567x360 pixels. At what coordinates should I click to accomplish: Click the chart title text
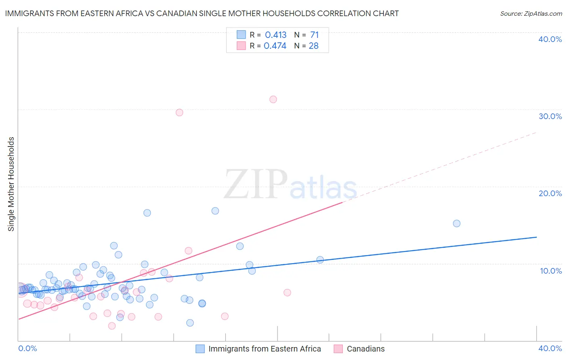[x=202, y=13]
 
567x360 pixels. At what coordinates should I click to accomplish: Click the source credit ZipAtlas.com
[x=531, y=13]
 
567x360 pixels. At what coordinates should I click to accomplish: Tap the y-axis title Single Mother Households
[x=11, y=184]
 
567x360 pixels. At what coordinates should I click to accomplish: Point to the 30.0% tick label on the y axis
[x=550, y=116]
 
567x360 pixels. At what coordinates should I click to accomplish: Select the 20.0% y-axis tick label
[x=550, y=193]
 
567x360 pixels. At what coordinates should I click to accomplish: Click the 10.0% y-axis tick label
[x=551, y=271]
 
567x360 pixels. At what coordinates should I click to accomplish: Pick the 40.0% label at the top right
[x=550, y=39]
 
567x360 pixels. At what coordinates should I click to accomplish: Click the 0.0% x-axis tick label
[x=27, y=348]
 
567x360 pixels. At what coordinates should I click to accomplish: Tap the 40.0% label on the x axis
[x=550, y=348]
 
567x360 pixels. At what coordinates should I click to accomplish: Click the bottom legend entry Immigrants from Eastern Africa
[x=265, y=349]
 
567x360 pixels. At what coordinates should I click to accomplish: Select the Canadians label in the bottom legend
[x=365, y=349]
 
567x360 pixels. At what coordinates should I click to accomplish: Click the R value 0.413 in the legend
[x=275, y=35]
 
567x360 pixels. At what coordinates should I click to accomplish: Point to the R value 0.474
[x=275, y=46]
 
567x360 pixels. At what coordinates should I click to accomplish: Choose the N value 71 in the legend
[x=315, y=35]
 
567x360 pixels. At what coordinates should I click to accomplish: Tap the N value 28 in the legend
[x=314, y=46]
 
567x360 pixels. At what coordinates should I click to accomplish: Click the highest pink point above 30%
[x=273, y=99]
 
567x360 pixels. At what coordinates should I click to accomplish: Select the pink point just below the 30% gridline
[x=179, y=113]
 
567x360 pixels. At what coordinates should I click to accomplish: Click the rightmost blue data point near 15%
[x=457, y=224]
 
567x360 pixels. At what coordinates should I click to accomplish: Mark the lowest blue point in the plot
[x=190, y=323]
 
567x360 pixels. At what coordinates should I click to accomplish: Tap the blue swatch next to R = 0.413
[x=241, y=35]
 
